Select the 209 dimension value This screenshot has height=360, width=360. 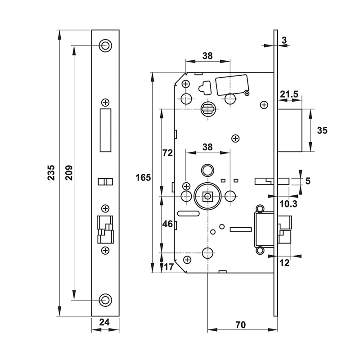point(69,173)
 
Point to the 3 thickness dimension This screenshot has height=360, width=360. point(283,40)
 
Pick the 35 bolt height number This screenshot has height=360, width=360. point(322,130)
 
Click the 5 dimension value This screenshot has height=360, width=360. point(308,181)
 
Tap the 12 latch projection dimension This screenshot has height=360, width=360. point(284,263)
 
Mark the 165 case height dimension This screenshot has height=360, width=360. point(143,177)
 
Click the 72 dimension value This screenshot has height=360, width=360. point(167,153)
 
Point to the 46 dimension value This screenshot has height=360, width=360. point(167,224)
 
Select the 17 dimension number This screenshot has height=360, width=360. point(168,267)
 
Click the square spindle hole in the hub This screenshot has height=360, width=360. point(207,196)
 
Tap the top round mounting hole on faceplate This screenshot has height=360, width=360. point(105,45)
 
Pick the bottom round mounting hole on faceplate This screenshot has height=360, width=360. point(105,300)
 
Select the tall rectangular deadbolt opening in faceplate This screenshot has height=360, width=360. point(105,130)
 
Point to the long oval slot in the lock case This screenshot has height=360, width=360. point(189,212)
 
